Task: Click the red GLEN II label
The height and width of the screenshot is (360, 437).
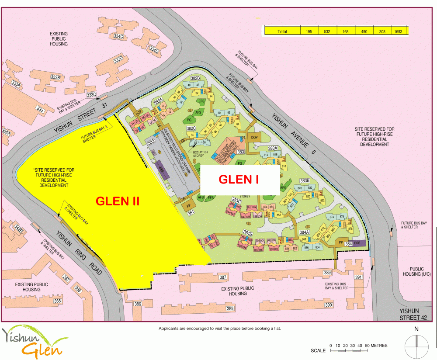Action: point(118,201)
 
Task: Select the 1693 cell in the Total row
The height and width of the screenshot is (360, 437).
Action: point(398,31)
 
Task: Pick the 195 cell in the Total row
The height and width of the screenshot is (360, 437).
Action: point(309,31)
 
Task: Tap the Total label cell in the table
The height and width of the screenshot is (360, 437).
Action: point(282,31)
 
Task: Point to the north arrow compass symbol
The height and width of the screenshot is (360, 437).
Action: point(416,342)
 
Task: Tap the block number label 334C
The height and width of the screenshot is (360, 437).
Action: point(119,36)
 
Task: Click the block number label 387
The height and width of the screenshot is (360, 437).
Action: point(223,277)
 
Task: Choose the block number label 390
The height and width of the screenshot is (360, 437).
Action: point(329,305)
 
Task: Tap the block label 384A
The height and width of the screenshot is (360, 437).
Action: point(304,232)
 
